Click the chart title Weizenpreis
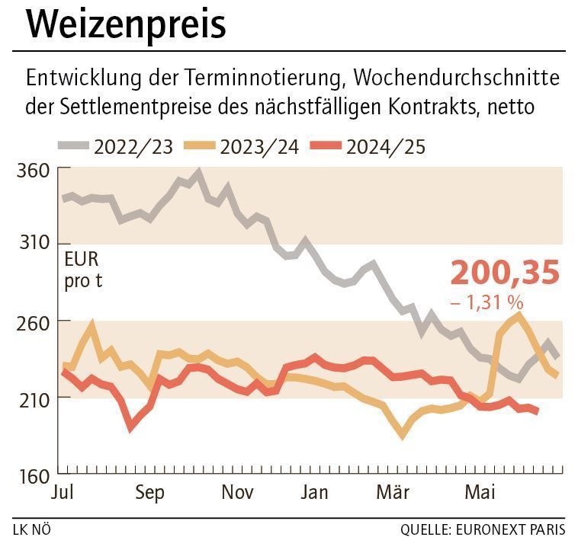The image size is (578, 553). pyautogui.click(x=126, y=24)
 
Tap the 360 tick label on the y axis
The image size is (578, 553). pyautogui.click(x=32, y=169)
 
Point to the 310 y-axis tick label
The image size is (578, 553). pyautogui.click(x=32, y=243)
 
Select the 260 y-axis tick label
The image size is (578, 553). pyautogui.click(x=32, y=321)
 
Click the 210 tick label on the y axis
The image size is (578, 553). pyautogui.click(x=32, y=398)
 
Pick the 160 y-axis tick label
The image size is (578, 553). pyautogui.click(x=32, y=476)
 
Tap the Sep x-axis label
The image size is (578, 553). pyautogui.click(x=149, y=493)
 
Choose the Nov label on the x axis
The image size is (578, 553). pyautogui.click(x=237, y=493)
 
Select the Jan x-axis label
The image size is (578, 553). pyautogui.click(x=314, y=493)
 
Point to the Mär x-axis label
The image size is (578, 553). pyautogui.click(x=393, y=493)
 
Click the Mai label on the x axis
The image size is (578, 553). pyautogui.click(x=480, y=493)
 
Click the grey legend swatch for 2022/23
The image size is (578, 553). pyautogui.click(x=72, y=145)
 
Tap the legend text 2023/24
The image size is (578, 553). pyautogui.click(x=259, y=145)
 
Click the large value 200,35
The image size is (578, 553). pyautogui.click(x=505, y=273)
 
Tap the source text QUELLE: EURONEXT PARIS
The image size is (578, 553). pyautogui.click(x=483, y=529)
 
